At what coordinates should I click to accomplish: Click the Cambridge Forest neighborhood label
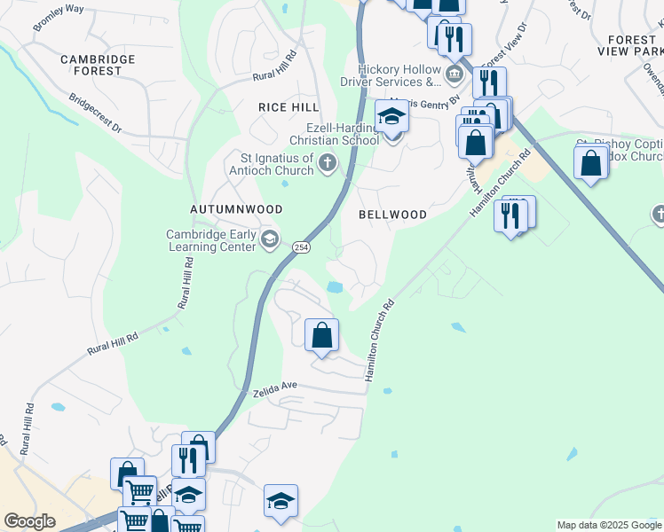98,65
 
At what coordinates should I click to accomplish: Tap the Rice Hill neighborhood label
288,106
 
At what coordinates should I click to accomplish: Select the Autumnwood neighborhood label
236,209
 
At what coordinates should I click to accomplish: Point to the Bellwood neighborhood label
392,215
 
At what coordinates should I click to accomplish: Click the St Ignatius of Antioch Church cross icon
328,161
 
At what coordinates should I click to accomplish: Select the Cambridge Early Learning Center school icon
270,238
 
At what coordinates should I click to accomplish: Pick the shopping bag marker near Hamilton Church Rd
321,336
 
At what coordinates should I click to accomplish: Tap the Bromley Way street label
58,19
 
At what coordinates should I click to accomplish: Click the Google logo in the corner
29,521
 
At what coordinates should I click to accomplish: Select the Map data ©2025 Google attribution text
609,525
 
